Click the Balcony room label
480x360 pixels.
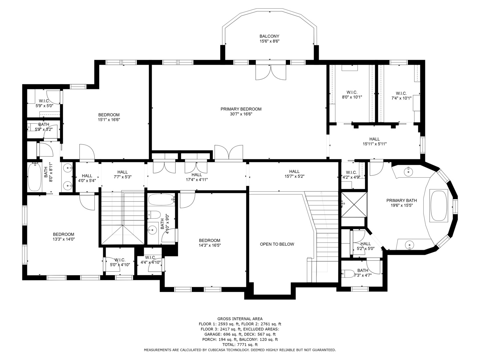tap(269, 39)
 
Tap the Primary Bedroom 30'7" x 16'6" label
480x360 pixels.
tap(241, 111)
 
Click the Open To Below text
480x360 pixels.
tap(277, 244)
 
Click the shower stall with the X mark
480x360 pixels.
tap(354, 205)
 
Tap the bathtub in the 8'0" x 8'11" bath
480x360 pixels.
tap(35, 177)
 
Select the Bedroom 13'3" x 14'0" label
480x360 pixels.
tap(63, 237)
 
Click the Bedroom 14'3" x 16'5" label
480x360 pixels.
tap(210, 243)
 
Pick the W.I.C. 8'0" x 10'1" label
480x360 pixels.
tap(352, 95)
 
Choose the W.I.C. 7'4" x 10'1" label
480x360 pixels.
tap(401, 96)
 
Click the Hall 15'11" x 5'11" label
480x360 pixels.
tap(374, 142)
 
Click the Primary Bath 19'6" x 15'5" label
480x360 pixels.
tap(401, 203)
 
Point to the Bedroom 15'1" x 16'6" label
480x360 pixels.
tap(109, 117)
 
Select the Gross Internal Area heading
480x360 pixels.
tap(240, 319)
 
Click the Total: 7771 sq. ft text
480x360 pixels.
tap(240, 345)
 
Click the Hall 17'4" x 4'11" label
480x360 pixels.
tap(197, 177)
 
